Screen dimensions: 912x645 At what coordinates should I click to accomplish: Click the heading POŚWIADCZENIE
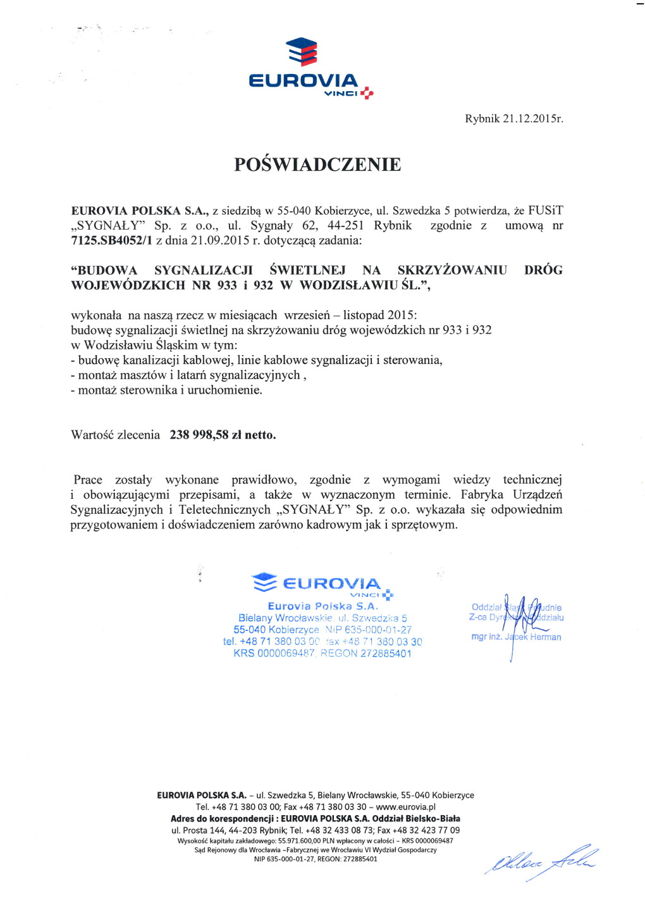tap(317, 165)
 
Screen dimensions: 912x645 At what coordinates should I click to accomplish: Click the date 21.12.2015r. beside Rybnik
tap(532, 119)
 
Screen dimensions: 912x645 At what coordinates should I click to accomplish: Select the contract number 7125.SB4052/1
tap(111, 240)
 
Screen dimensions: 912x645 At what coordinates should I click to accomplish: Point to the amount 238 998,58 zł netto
tap(223, 435)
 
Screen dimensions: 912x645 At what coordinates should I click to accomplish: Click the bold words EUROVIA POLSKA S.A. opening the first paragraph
tap(140, 211)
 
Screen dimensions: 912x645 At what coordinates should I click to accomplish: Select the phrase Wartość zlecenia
tap(115, 435)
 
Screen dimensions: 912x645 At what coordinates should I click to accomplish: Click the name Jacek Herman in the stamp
tap(532, 637)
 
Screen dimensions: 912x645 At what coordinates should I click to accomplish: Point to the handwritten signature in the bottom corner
tap(541, 861)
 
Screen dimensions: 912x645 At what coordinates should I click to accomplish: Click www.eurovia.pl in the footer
tap(405, 807)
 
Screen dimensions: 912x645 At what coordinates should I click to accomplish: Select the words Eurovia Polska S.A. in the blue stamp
tap(322, 606)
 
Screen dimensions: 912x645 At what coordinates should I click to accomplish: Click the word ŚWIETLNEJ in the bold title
tap(307, 271)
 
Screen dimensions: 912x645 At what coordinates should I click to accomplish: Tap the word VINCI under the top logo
tap(340, 94)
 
